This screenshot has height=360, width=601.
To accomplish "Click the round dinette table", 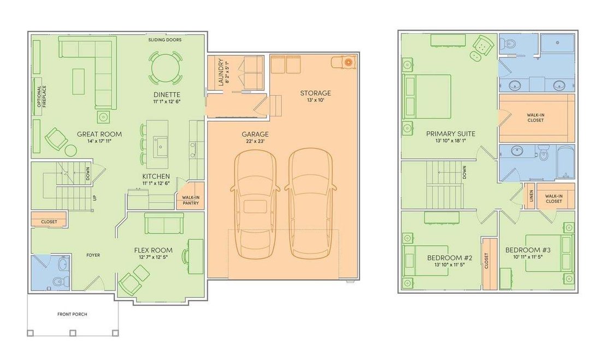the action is [x=165, y=69].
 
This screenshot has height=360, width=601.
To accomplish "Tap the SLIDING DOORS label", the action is [x=165, y=39].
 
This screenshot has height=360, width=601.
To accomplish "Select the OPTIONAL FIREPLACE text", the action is [x=42, y=96].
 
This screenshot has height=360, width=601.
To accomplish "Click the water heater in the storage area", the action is [x=348, y=62].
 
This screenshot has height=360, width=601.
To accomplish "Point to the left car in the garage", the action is [x=255, y=203].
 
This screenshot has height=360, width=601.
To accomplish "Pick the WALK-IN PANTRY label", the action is [x=191, y=200].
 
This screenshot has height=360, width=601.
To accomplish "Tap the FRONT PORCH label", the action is [x=72, y=314].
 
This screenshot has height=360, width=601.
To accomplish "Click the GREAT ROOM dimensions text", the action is [x=99, y=141].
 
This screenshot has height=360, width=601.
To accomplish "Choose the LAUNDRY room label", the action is [x=220, y=72].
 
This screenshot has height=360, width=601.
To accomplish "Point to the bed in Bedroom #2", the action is [x=426, y=261].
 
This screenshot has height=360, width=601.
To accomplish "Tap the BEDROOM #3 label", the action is [x=528, y=250].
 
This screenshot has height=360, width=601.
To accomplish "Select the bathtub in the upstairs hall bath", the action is [x=565, y=162].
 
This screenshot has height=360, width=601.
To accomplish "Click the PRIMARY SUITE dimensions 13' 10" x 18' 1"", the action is [x=451, y=141].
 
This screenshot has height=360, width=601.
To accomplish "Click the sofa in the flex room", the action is [x=164, y=223].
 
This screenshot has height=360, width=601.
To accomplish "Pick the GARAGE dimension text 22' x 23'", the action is [x=255, y=141].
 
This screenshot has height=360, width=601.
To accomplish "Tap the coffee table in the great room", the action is [x=78, y=81].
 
